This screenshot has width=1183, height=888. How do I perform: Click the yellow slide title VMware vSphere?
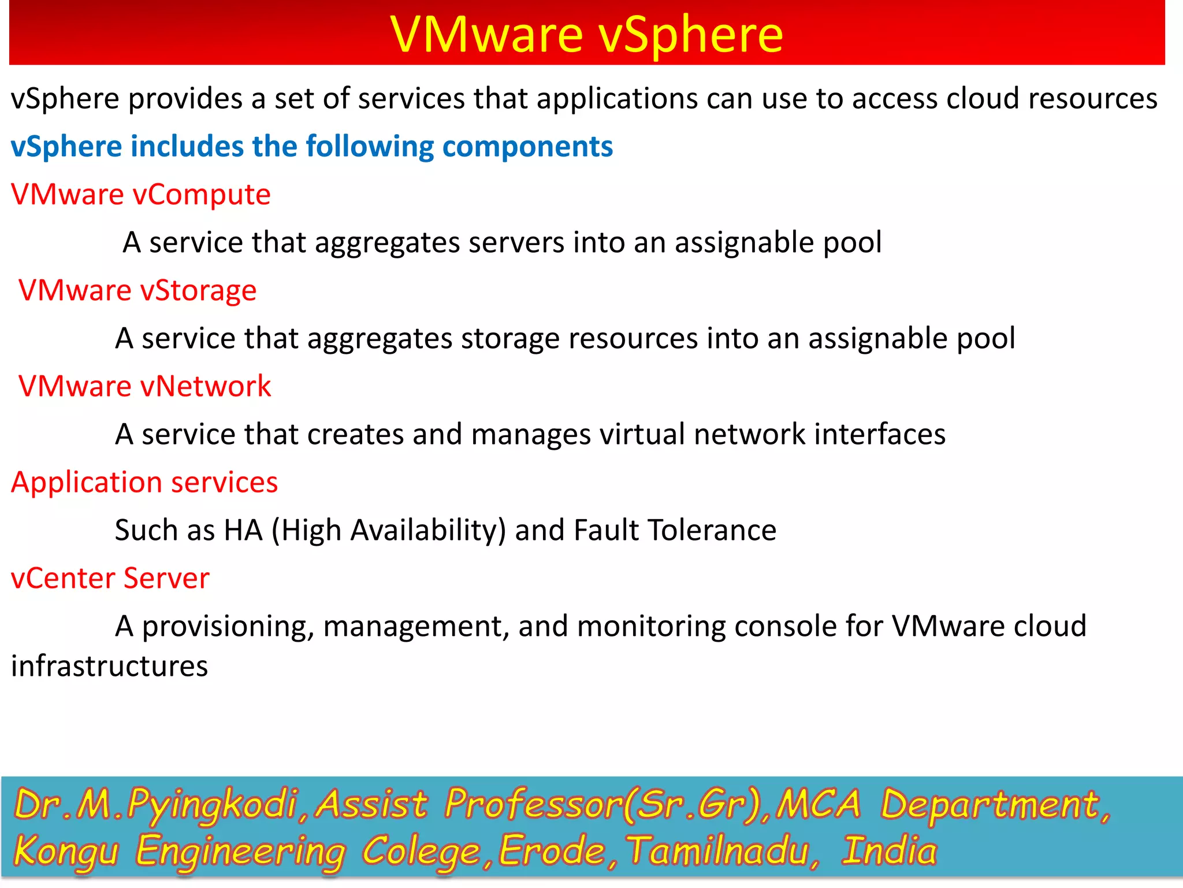pos(586,35)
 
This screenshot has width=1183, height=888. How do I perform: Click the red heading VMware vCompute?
pos(140,195)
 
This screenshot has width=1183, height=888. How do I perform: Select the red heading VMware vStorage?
pos(137,290)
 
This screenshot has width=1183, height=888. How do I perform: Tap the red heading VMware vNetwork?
pos(144,386)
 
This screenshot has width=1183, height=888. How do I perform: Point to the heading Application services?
pos(144,482)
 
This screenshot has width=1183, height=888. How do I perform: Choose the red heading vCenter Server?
pos(110,578)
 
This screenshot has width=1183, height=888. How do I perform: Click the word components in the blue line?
pos(527,147)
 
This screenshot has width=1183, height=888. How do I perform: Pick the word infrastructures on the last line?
pos(109,666)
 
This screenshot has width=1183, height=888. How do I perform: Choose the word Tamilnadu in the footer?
pos(722,852)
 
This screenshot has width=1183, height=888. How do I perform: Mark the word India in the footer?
pos(889,850)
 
